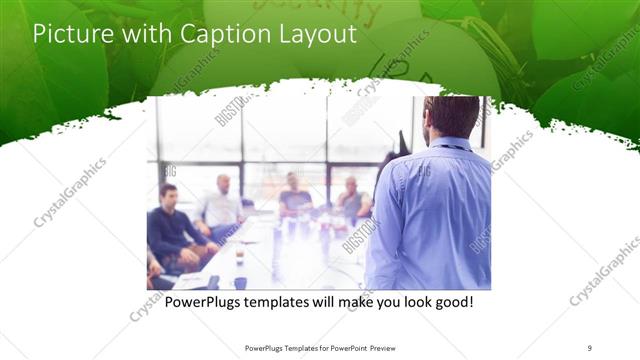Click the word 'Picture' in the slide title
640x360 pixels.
[x=67, y=35]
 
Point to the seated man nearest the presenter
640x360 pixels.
[x=351, y=200]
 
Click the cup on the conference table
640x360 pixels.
[x=239, y=255]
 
